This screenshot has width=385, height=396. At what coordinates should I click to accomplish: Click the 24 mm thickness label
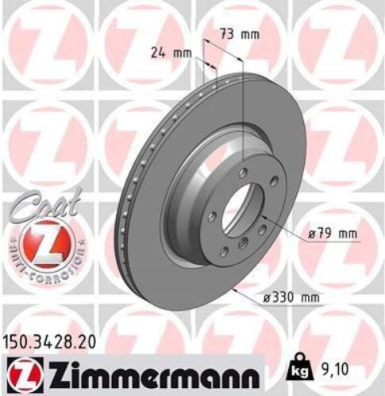[x=171, y=54]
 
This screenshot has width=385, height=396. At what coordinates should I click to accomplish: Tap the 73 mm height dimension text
[x=239, y=35]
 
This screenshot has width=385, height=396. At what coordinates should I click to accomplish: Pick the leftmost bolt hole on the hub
[x=210, y=215]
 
